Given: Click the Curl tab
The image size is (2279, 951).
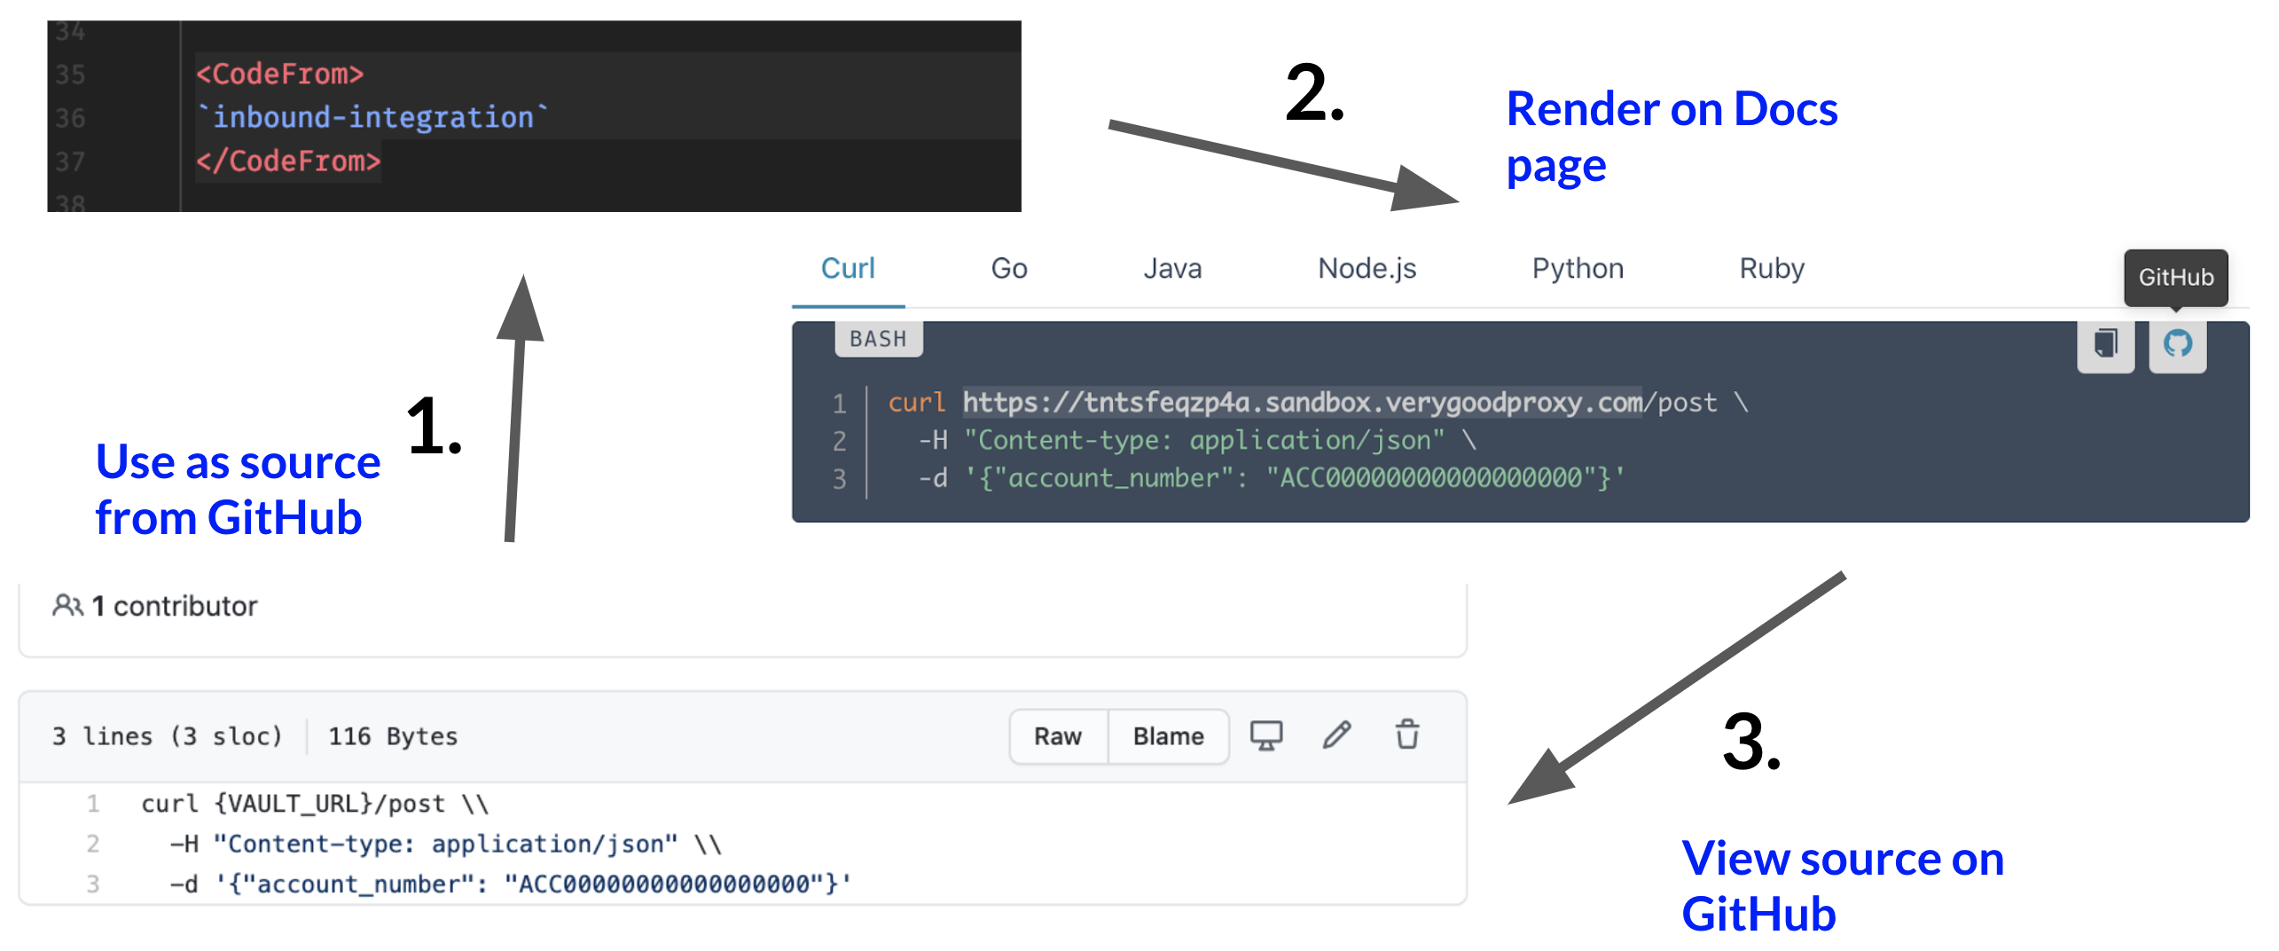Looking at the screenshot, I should pos(848,269).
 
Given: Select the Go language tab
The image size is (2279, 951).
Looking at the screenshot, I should pos(1008,269).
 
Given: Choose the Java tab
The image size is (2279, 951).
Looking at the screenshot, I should pos(1171,269).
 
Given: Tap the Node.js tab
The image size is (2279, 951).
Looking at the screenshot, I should pos(1367,269).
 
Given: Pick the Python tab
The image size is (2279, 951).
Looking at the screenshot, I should pos(1577,269).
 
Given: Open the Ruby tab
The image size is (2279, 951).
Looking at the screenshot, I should pos(1771,269).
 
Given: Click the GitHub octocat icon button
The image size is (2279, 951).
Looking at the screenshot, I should pos(2177,343).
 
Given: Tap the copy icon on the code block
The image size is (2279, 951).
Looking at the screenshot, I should pos(2105,343).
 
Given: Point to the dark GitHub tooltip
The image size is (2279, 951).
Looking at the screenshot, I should pos(2175,278).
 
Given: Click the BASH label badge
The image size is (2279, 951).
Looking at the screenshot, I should pos(878,339).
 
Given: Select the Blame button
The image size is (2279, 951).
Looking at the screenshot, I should pos(1168,736).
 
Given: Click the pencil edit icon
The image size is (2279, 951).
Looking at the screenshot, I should pos(1336,735).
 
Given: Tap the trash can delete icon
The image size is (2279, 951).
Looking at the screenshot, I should pos(1407,735).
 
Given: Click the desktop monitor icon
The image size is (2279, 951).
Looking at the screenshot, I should pos(1265,735).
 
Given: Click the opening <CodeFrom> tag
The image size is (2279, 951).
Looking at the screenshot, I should pos(279,74).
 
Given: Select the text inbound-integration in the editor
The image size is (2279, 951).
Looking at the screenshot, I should pos(372,117).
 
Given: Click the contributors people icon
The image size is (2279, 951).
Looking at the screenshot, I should pos(67,606).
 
